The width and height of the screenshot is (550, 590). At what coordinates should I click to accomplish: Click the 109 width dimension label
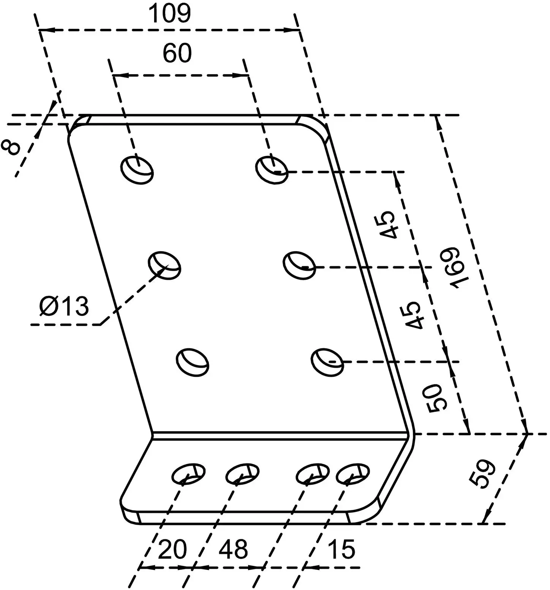click(169, 14)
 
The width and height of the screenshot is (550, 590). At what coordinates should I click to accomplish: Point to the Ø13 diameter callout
click(64, 306)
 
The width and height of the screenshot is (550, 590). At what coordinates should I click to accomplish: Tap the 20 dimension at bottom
click(172, 549)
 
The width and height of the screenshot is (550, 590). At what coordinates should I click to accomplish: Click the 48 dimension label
click(233, 549)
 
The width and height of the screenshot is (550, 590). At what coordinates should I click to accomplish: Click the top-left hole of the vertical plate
click(137, 170)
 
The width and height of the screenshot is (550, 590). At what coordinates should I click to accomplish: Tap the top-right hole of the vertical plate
click(272, 170)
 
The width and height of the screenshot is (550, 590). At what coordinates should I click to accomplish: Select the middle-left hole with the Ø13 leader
click(164, 265)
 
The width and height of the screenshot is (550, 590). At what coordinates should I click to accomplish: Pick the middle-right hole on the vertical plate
click(300, 265)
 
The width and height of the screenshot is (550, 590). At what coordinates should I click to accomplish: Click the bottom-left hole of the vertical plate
click(193, 362)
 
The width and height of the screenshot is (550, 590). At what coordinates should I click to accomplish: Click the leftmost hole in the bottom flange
click(188, 474)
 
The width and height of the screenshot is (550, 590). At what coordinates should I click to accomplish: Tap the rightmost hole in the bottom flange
click(353, 474)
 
